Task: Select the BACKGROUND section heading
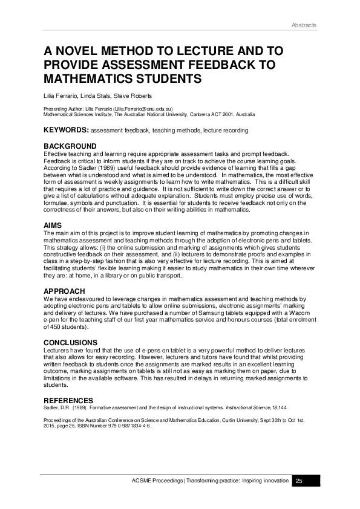[x=70, y=146]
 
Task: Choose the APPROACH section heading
[x=64, y=291]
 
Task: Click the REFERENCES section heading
[x=68, y=400]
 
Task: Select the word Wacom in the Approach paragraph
[x=306, y=313]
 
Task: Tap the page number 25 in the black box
[x=298, y=481]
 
